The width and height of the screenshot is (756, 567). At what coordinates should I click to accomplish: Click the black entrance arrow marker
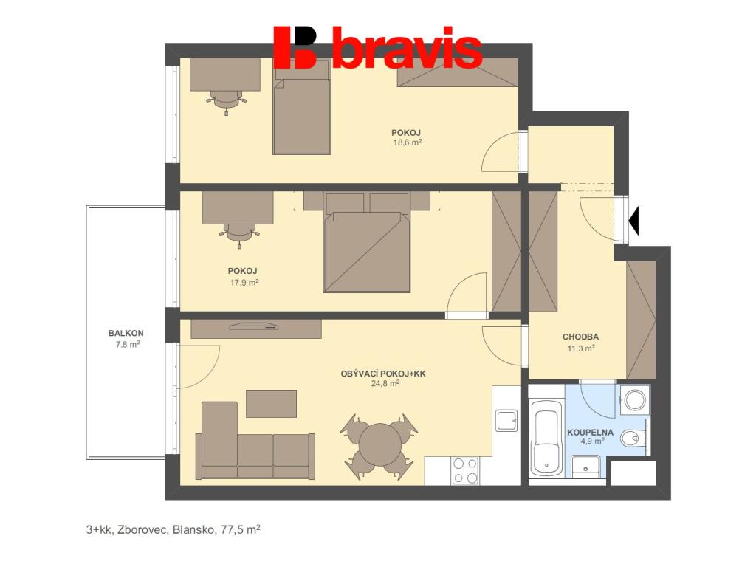coord(634,221)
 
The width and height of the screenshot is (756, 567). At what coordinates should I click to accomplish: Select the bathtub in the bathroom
coord(547,443)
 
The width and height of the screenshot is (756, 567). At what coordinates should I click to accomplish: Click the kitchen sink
coord(506,420)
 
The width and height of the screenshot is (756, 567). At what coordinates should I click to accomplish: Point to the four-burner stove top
coord(465,470)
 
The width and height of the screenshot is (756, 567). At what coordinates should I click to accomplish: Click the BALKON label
coord(126,333)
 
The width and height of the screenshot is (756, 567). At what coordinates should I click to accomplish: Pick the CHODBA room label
coord(580,337)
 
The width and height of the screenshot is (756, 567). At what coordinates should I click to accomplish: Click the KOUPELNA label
coord(590,433)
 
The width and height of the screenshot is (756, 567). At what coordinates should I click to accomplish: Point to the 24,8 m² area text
coord(385,384)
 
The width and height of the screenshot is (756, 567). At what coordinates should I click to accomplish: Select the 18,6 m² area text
coord(408,142)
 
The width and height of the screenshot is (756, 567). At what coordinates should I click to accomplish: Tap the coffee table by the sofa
coord(272,404)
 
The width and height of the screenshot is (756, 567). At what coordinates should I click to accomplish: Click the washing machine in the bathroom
coord(635,399)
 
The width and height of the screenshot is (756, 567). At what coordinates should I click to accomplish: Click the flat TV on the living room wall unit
coord(254,326)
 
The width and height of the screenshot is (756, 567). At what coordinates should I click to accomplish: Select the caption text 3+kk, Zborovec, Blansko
coord(151,530)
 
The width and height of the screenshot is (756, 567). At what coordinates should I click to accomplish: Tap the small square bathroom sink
coord(585,467)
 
